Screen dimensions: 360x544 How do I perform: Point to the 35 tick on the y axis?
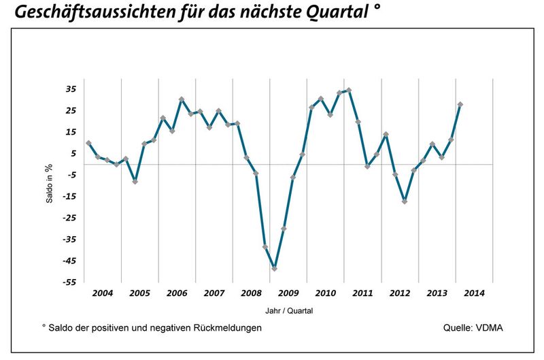pos(71,89)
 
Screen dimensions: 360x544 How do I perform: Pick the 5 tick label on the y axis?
pos(73,153)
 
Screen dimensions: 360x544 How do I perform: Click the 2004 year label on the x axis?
pos(102,293)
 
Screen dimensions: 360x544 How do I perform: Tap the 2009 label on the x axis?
pos(288,293)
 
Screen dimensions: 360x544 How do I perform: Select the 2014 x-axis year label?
pos(474,293)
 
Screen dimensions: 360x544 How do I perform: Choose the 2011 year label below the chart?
pos(362,293)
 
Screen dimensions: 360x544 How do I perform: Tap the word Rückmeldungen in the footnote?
pos(225,328)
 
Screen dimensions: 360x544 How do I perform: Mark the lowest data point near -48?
pos(274,269)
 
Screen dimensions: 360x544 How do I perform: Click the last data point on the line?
pos(460,105)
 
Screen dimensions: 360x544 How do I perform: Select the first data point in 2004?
pos(88,144)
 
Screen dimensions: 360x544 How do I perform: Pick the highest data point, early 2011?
pos(349,90)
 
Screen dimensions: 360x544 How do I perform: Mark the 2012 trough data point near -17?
pos(405,201)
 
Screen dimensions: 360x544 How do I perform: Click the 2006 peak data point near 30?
pos(182,99)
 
